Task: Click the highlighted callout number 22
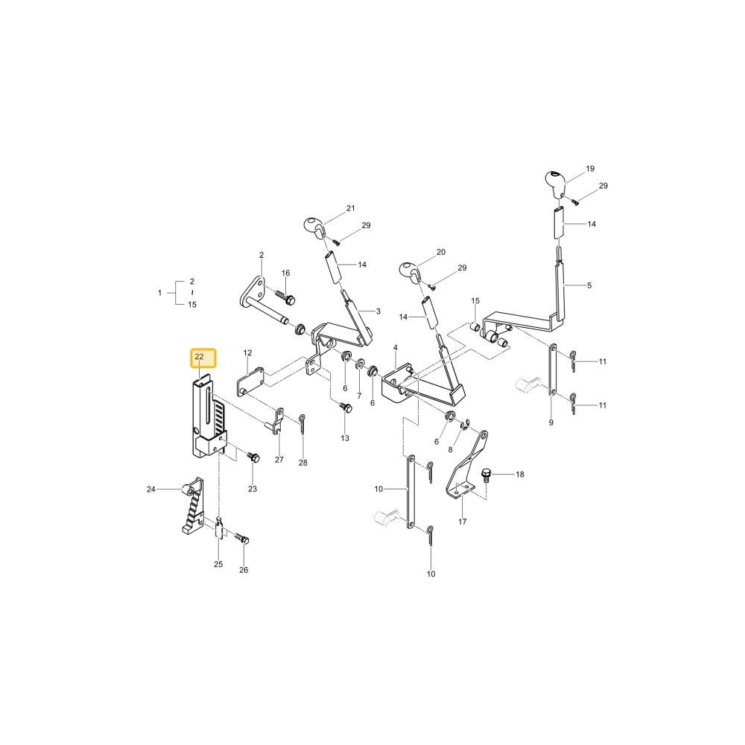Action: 199,356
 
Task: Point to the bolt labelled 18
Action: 486,475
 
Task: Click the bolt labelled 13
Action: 346,408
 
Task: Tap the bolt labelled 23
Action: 253,457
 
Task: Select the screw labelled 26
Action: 242,539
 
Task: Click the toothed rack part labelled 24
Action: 192,506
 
